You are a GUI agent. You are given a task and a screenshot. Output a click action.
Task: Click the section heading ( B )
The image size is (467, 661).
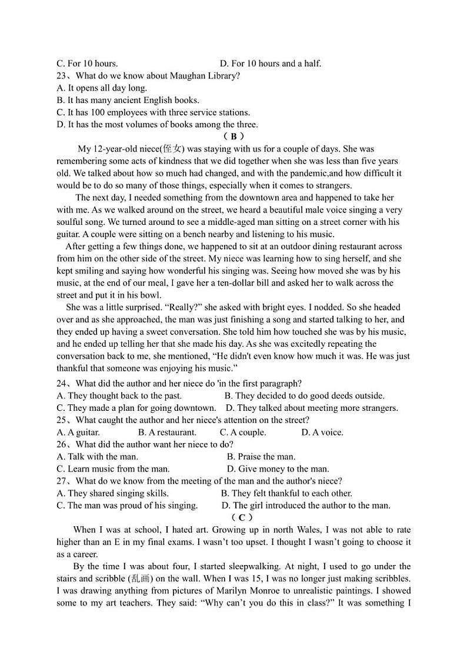click(x=233, y=137)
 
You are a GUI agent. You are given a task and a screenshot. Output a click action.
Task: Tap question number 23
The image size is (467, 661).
click(x=62, y=76)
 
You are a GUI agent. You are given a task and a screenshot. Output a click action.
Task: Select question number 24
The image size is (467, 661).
click(x=62, y=384)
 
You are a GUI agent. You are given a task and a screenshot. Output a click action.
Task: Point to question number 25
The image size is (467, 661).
click(x=62, y=420)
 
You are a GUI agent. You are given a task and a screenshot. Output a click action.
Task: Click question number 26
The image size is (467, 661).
click(x=62, y=444)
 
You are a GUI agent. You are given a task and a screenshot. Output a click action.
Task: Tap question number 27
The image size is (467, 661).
click(x=62, y=481)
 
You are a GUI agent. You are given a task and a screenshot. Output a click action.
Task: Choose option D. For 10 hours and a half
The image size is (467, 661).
click(x=270, y=64)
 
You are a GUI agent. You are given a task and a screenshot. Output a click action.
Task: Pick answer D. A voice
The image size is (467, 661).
click(x=322, y=433)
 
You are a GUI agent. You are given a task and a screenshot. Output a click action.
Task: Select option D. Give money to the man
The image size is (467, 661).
click(x=278, y=469)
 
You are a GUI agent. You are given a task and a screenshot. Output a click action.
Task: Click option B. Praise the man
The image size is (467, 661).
click(x=261, y=457)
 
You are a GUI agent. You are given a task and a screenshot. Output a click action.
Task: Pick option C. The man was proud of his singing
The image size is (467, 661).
click(x=127, y=506)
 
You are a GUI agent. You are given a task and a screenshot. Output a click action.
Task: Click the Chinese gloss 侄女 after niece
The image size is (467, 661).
click(x=172, y=149)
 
